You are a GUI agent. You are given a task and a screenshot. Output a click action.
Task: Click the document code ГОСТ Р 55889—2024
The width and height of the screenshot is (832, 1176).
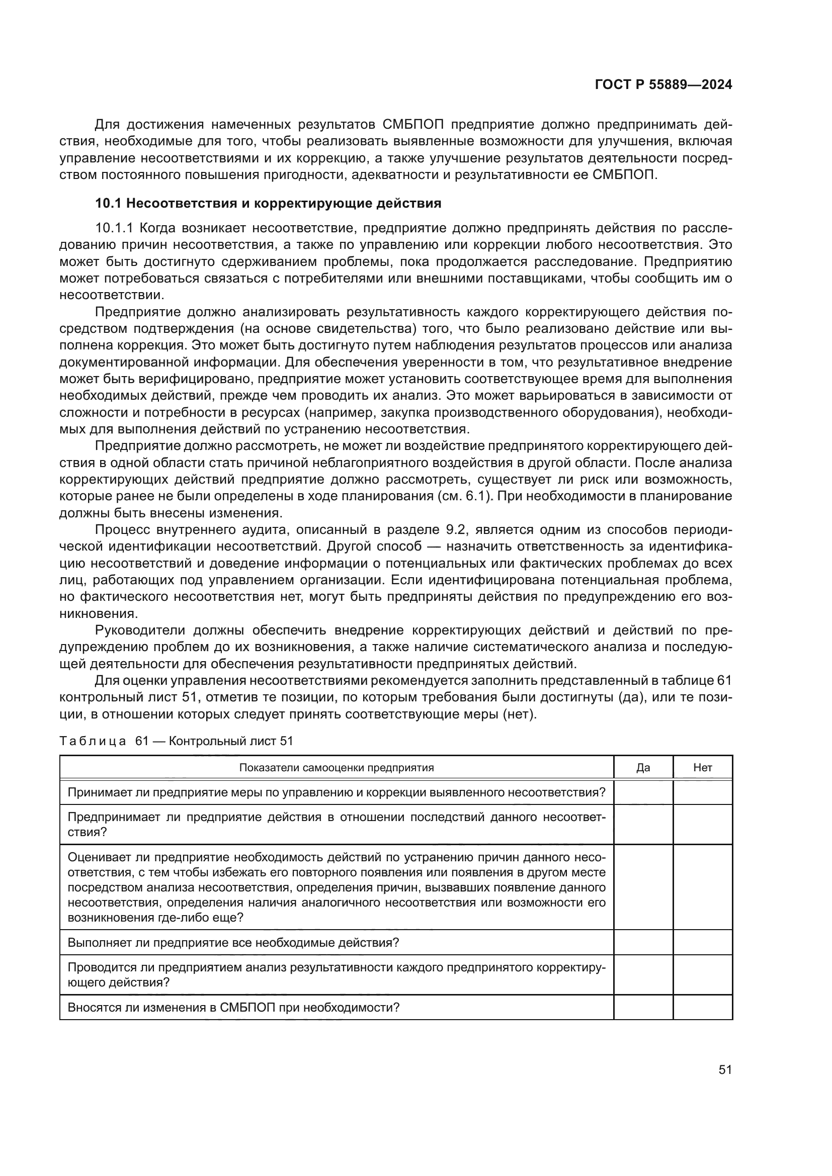pyautogui.click(x=663, y=85)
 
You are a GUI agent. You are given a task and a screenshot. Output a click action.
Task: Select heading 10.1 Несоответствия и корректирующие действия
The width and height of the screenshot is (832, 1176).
pyautogui.click(x=269, y=203)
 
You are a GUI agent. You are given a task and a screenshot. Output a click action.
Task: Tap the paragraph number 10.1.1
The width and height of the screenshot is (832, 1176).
pyautogui.click(x=114, y=228)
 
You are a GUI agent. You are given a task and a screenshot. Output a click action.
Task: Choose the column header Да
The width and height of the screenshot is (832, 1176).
pyautogui.click(x=643, y=767)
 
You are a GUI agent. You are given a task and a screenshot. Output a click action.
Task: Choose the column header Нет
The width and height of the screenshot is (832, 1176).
pyautogui.click(x=702, y=767)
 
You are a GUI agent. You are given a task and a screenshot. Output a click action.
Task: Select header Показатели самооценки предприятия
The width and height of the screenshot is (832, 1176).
pyautogui.click(x=337, y=767)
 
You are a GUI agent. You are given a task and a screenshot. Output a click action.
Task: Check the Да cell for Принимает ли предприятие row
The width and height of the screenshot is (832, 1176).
pyautogui.click(x=643, y=792)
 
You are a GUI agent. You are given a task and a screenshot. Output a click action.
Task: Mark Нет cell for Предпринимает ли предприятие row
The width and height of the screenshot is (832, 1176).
pyautogui.click(x=702, y=824)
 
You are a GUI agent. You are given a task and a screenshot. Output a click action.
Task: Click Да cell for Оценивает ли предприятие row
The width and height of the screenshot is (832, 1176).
pyautogui.click(x=643, y=886)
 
